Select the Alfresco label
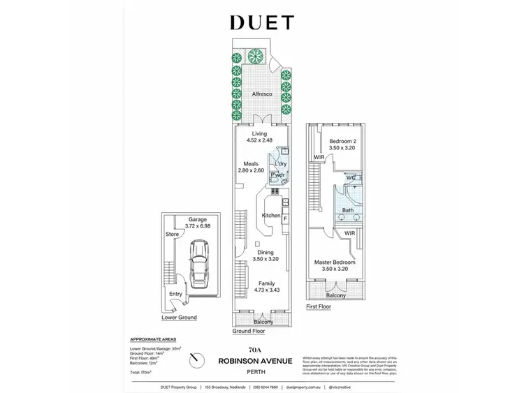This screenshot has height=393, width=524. (x=261, y=94)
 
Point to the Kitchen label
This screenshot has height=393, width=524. (x=271, y=216)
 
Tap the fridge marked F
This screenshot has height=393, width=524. (x=286, y=219)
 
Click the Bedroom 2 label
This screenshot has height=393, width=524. (x=343, y=142)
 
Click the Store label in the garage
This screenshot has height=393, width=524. (x=172, y=234)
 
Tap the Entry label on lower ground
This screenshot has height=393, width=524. (x=176, y=294)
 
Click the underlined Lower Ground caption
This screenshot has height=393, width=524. (x=180, y=317)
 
